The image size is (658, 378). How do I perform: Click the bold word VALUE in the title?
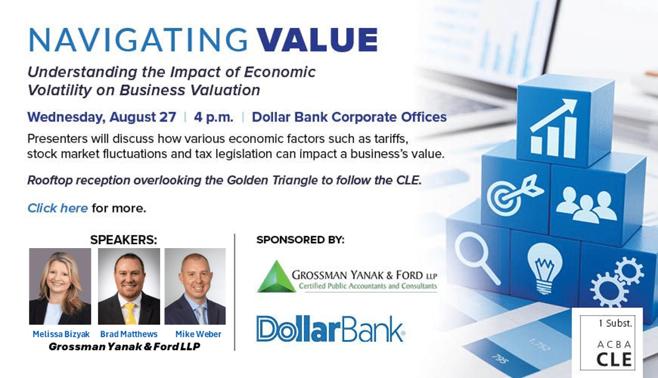coord(317,40)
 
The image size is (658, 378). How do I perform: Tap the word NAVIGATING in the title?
coord(138,40)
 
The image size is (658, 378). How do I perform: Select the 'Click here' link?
coord(57,208)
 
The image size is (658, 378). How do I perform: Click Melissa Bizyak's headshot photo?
coord(60,286)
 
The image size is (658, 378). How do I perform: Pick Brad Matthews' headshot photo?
coord(129,286)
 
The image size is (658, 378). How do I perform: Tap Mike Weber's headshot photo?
coord(195,286)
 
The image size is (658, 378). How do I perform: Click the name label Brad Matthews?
coord(129,335)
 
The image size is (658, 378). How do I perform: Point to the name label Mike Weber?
coord(198,335)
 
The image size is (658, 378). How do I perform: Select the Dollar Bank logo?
coord(331,329)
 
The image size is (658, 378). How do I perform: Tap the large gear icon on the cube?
coord(609,289)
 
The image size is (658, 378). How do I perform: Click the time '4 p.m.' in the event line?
coord(214,117)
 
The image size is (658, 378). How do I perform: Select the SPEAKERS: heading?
coord(124,240)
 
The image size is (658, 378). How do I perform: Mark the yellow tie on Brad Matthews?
coord(130,313)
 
